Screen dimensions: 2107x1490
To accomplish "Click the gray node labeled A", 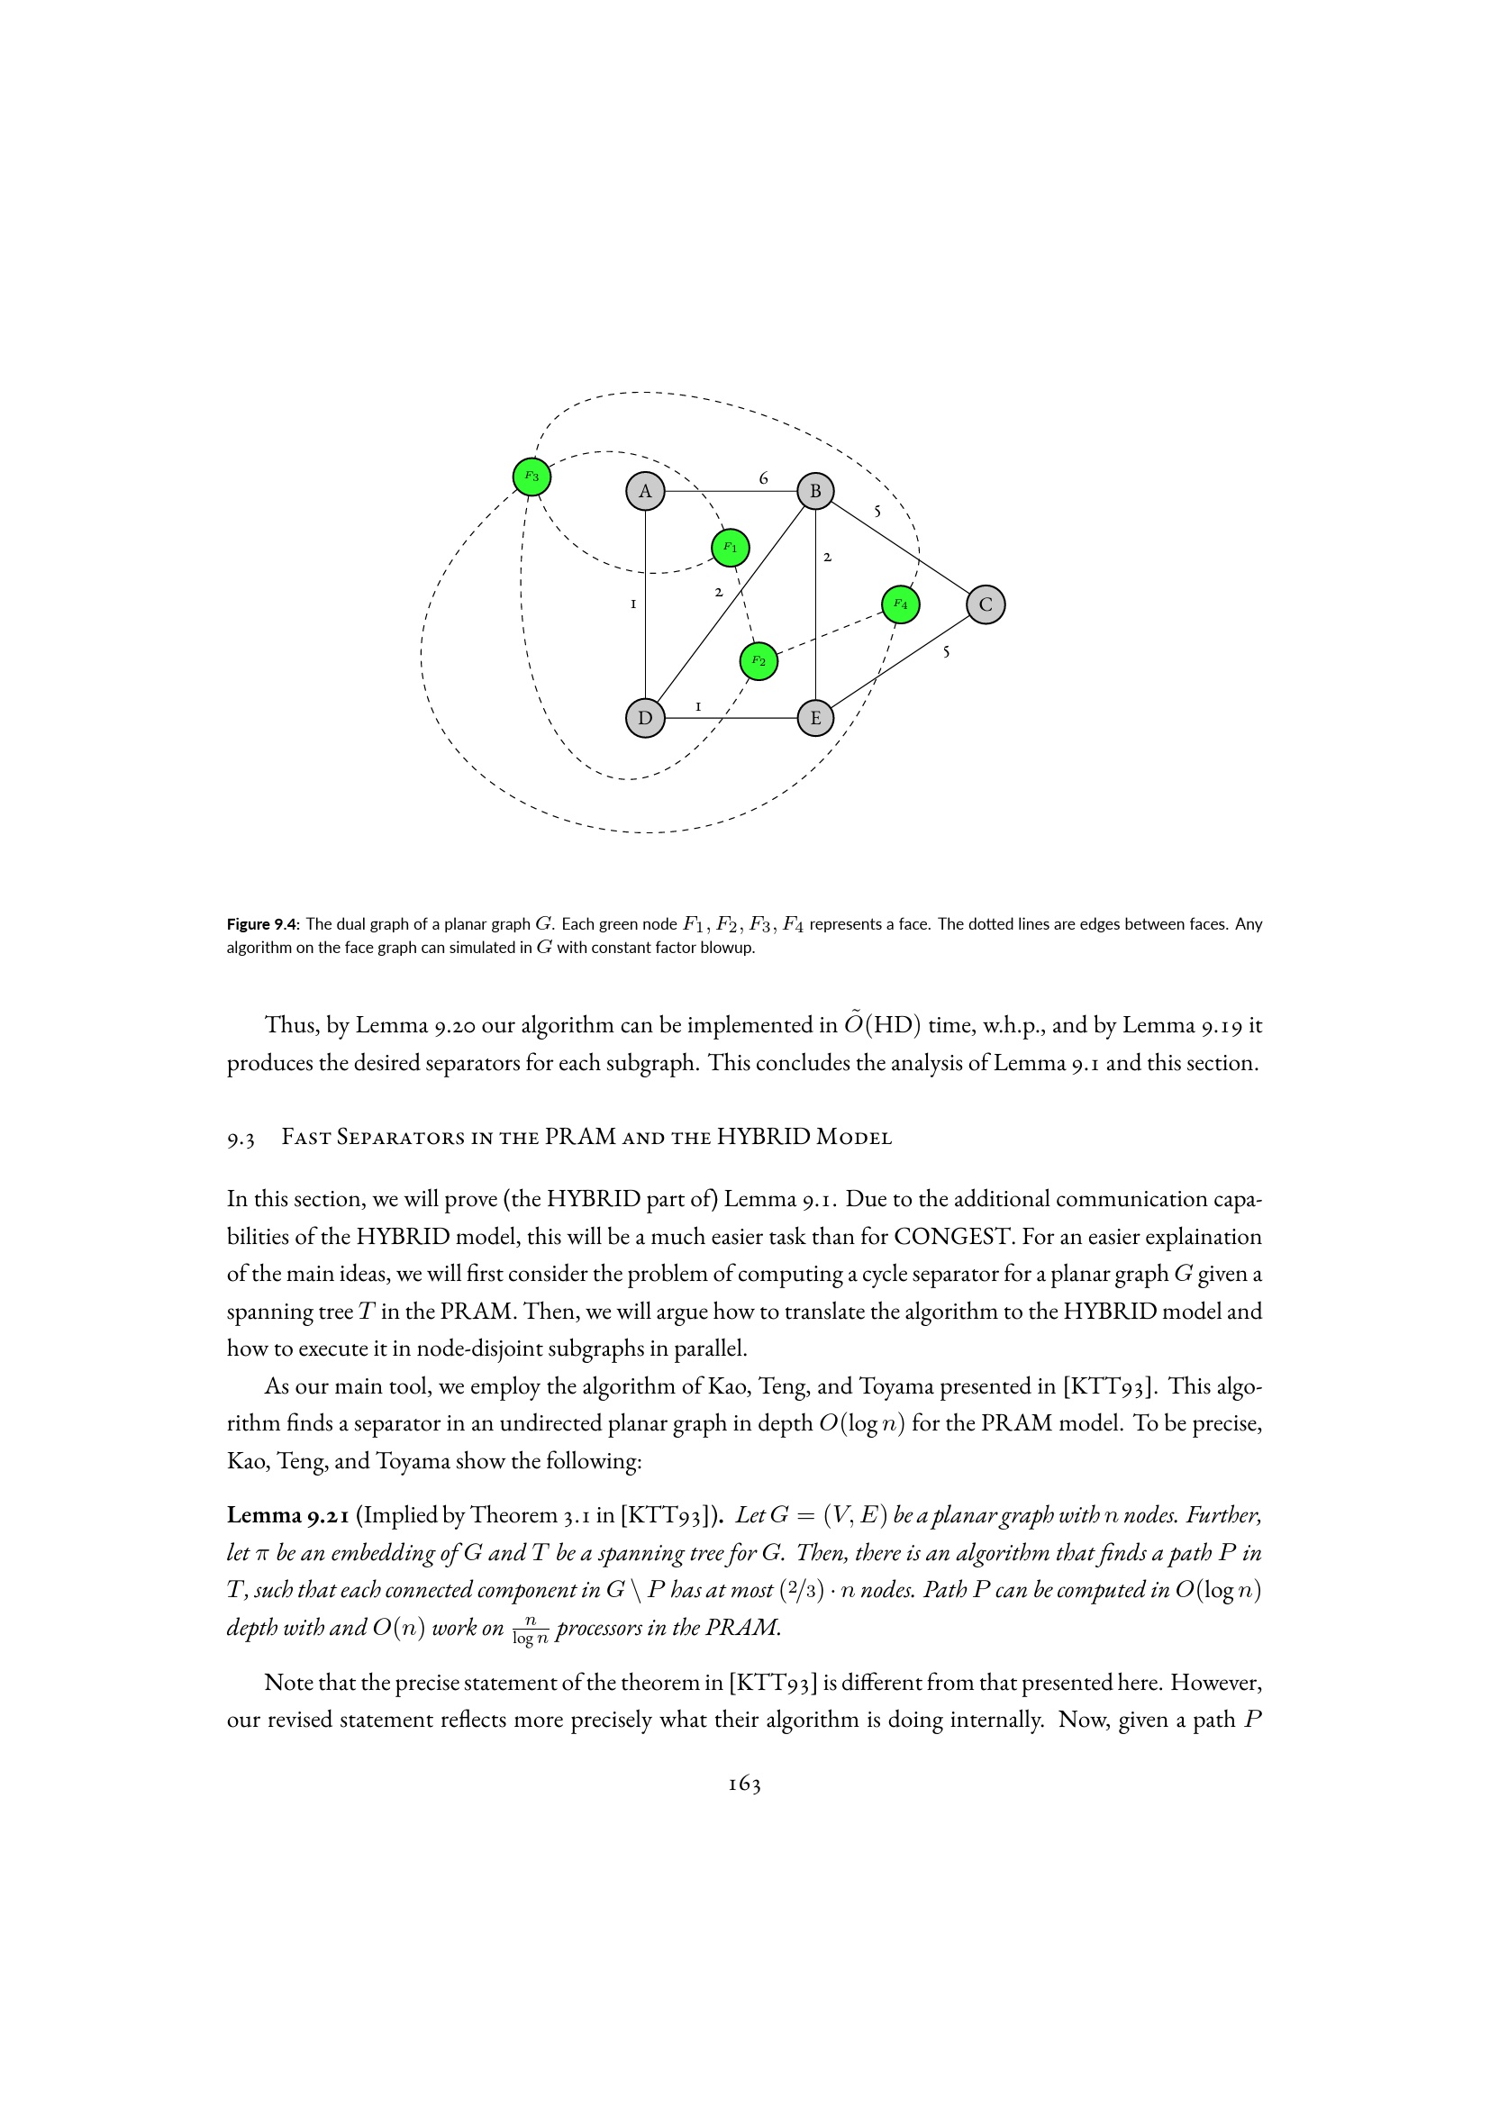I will [x=645, y=491].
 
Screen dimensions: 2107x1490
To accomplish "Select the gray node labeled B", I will [x=814, y=491].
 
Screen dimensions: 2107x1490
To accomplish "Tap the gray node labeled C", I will [x=986, y=604].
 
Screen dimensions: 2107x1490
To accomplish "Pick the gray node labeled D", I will [x=645, y=718].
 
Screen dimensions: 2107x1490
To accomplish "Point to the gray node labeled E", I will [x=814, y=718].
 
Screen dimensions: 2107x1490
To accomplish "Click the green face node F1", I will [x=731, y=548].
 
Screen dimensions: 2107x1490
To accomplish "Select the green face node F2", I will [x=758, y=660].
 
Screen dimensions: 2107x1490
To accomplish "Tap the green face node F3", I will [x=531, y=477].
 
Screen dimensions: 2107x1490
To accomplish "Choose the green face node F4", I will [x=900, y=604].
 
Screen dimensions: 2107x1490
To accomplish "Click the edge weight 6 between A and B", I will [x=763, y=478].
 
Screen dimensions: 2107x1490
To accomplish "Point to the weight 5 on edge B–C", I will [x=877, y=511].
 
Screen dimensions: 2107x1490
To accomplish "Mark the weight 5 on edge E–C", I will [x=946, y=652].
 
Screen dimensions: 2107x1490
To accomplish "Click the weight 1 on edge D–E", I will [x=698, y=706].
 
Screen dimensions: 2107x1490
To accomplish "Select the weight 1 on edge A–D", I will [x=633, y=604].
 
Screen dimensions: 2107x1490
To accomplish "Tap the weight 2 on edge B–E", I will [x=827, y=557].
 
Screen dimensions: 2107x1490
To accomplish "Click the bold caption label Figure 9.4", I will [x=262, y=924].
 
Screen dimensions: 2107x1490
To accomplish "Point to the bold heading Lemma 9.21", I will [x=286, y=1515].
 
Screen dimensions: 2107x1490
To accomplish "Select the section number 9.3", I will [x=241, y=1138].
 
